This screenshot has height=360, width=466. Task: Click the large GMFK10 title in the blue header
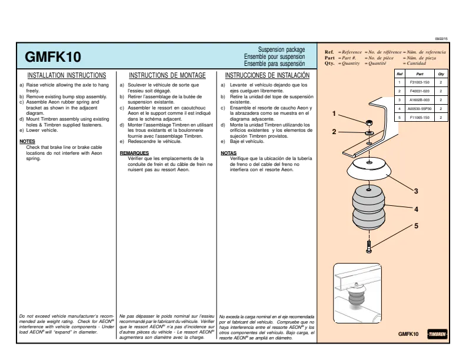tap(52, 57)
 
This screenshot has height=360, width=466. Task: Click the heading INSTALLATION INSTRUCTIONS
tap(66, 75)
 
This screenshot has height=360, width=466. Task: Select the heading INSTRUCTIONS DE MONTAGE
tap(167, 75)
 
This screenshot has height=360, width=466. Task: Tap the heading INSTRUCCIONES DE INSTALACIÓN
tap(267, 75)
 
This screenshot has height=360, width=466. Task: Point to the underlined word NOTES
tap(27, 141)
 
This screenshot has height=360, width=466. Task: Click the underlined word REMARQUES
tap(134, 153)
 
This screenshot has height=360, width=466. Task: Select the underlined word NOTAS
tap(228, 153)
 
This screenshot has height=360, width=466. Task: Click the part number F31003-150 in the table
tap(420, 82)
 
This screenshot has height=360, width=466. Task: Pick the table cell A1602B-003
tap(420, 100)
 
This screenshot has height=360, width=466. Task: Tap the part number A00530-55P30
tap(420, 109)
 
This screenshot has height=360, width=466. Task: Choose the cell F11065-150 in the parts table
tap(420, 117)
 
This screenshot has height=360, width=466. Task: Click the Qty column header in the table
tap(441, 74)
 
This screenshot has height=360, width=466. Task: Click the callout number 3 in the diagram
tap(416, 191)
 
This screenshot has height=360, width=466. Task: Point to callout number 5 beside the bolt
tap(416, 226)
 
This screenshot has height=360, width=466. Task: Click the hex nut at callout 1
tap(369, 122)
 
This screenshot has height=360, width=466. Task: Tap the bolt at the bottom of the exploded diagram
tap(369, 246)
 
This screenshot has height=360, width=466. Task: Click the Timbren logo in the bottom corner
tap(438, 334)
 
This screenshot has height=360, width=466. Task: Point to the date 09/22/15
tap(441, 39)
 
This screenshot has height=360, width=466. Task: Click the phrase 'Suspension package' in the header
tap(281, 49)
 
